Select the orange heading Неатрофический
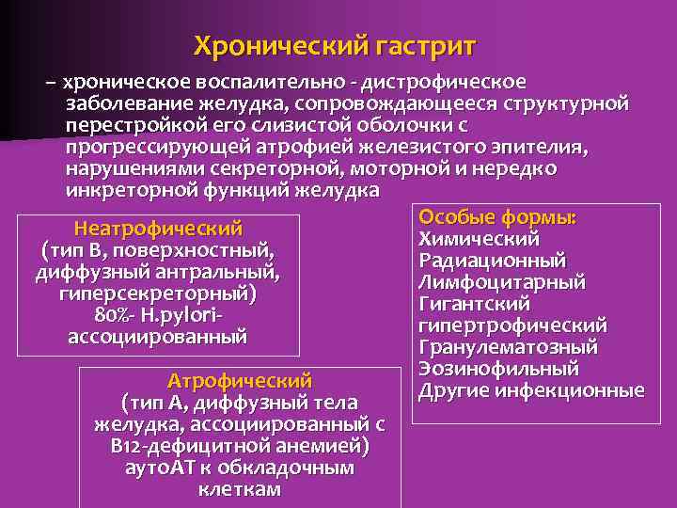click(x=158, y=229)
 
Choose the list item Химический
click(x=479, y=239)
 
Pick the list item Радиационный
click(x=493, y=261)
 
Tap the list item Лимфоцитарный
click(x=502, y=282)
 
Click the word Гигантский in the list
click(x=475, y=304)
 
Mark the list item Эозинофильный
click(x=498, y=369)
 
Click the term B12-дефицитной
click(x=174, y=446)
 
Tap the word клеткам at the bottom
click(x=240, y=489)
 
